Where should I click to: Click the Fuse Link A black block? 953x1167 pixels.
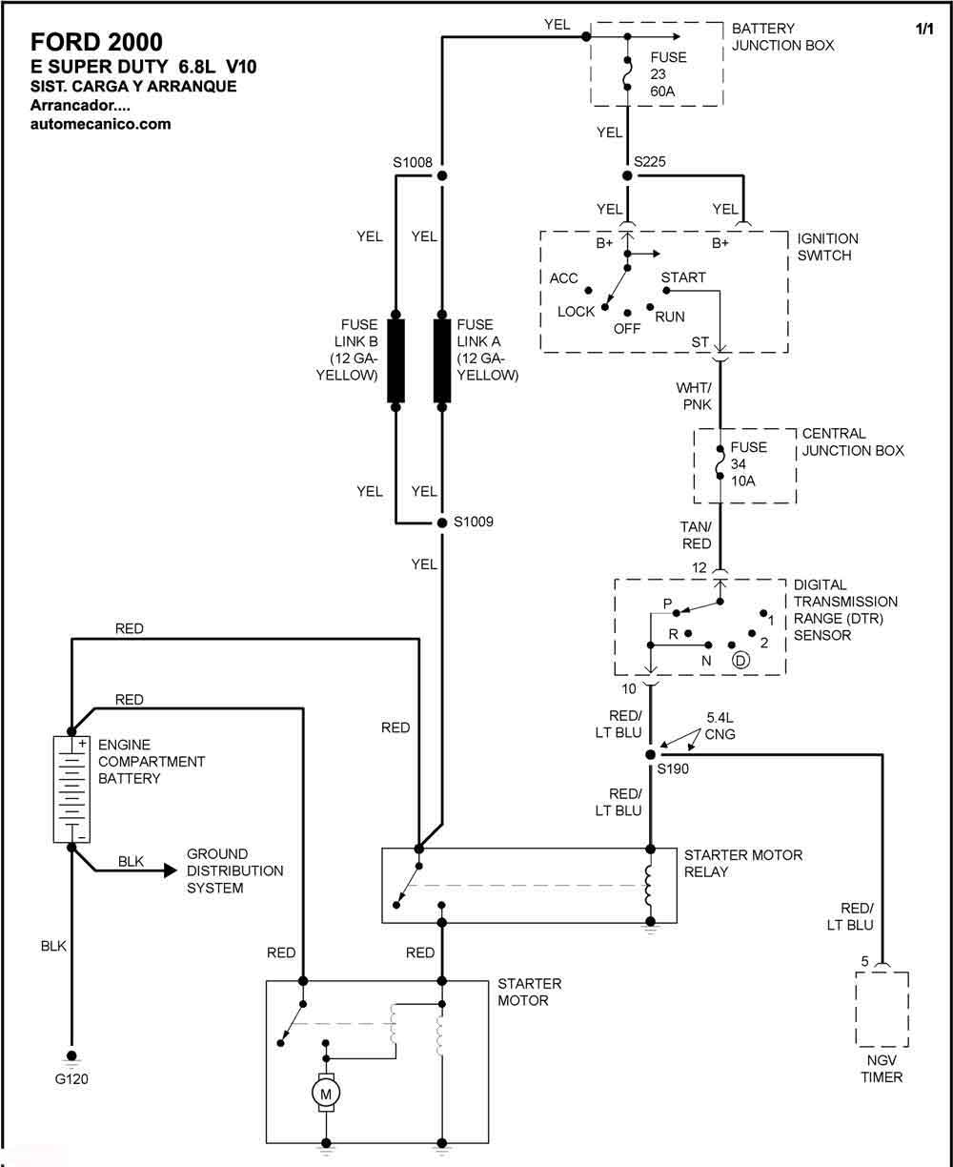(x=441, y=360)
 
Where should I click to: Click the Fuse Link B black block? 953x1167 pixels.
(x=395, y=360)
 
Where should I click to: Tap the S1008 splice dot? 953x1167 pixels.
(x=441, y=176)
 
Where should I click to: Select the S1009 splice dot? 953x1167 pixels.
(x=441, y=522)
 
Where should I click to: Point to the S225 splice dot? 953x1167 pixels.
(x=627, y=176)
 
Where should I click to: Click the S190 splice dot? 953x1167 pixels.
(x=651, y=754)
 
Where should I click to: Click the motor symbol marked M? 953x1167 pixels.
(x=326, y=1094)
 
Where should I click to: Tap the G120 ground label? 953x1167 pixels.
(x=71, y=1078)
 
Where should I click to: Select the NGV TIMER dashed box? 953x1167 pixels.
(x=882, y=1010)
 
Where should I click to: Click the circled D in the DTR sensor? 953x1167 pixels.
(x=740, y=660)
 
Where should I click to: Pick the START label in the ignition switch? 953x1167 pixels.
(x=683, y=277)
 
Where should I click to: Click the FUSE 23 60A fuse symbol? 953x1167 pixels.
(x=627, y=73)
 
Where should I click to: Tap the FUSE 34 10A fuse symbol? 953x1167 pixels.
(x=720, y=462)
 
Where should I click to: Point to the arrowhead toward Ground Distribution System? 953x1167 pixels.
(x=171, y=870)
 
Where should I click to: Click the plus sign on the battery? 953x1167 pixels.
(x=82, y=743)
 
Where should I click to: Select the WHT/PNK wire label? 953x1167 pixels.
(x=694, y=397)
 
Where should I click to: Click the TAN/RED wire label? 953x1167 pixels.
(x=696, y=535)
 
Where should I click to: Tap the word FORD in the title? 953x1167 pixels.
(x=65, y=42)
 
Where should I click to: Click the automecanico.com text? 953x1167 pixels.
(x=101, y=124)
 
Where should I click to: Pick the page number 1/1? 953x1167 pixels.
(x=924, y=29)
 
